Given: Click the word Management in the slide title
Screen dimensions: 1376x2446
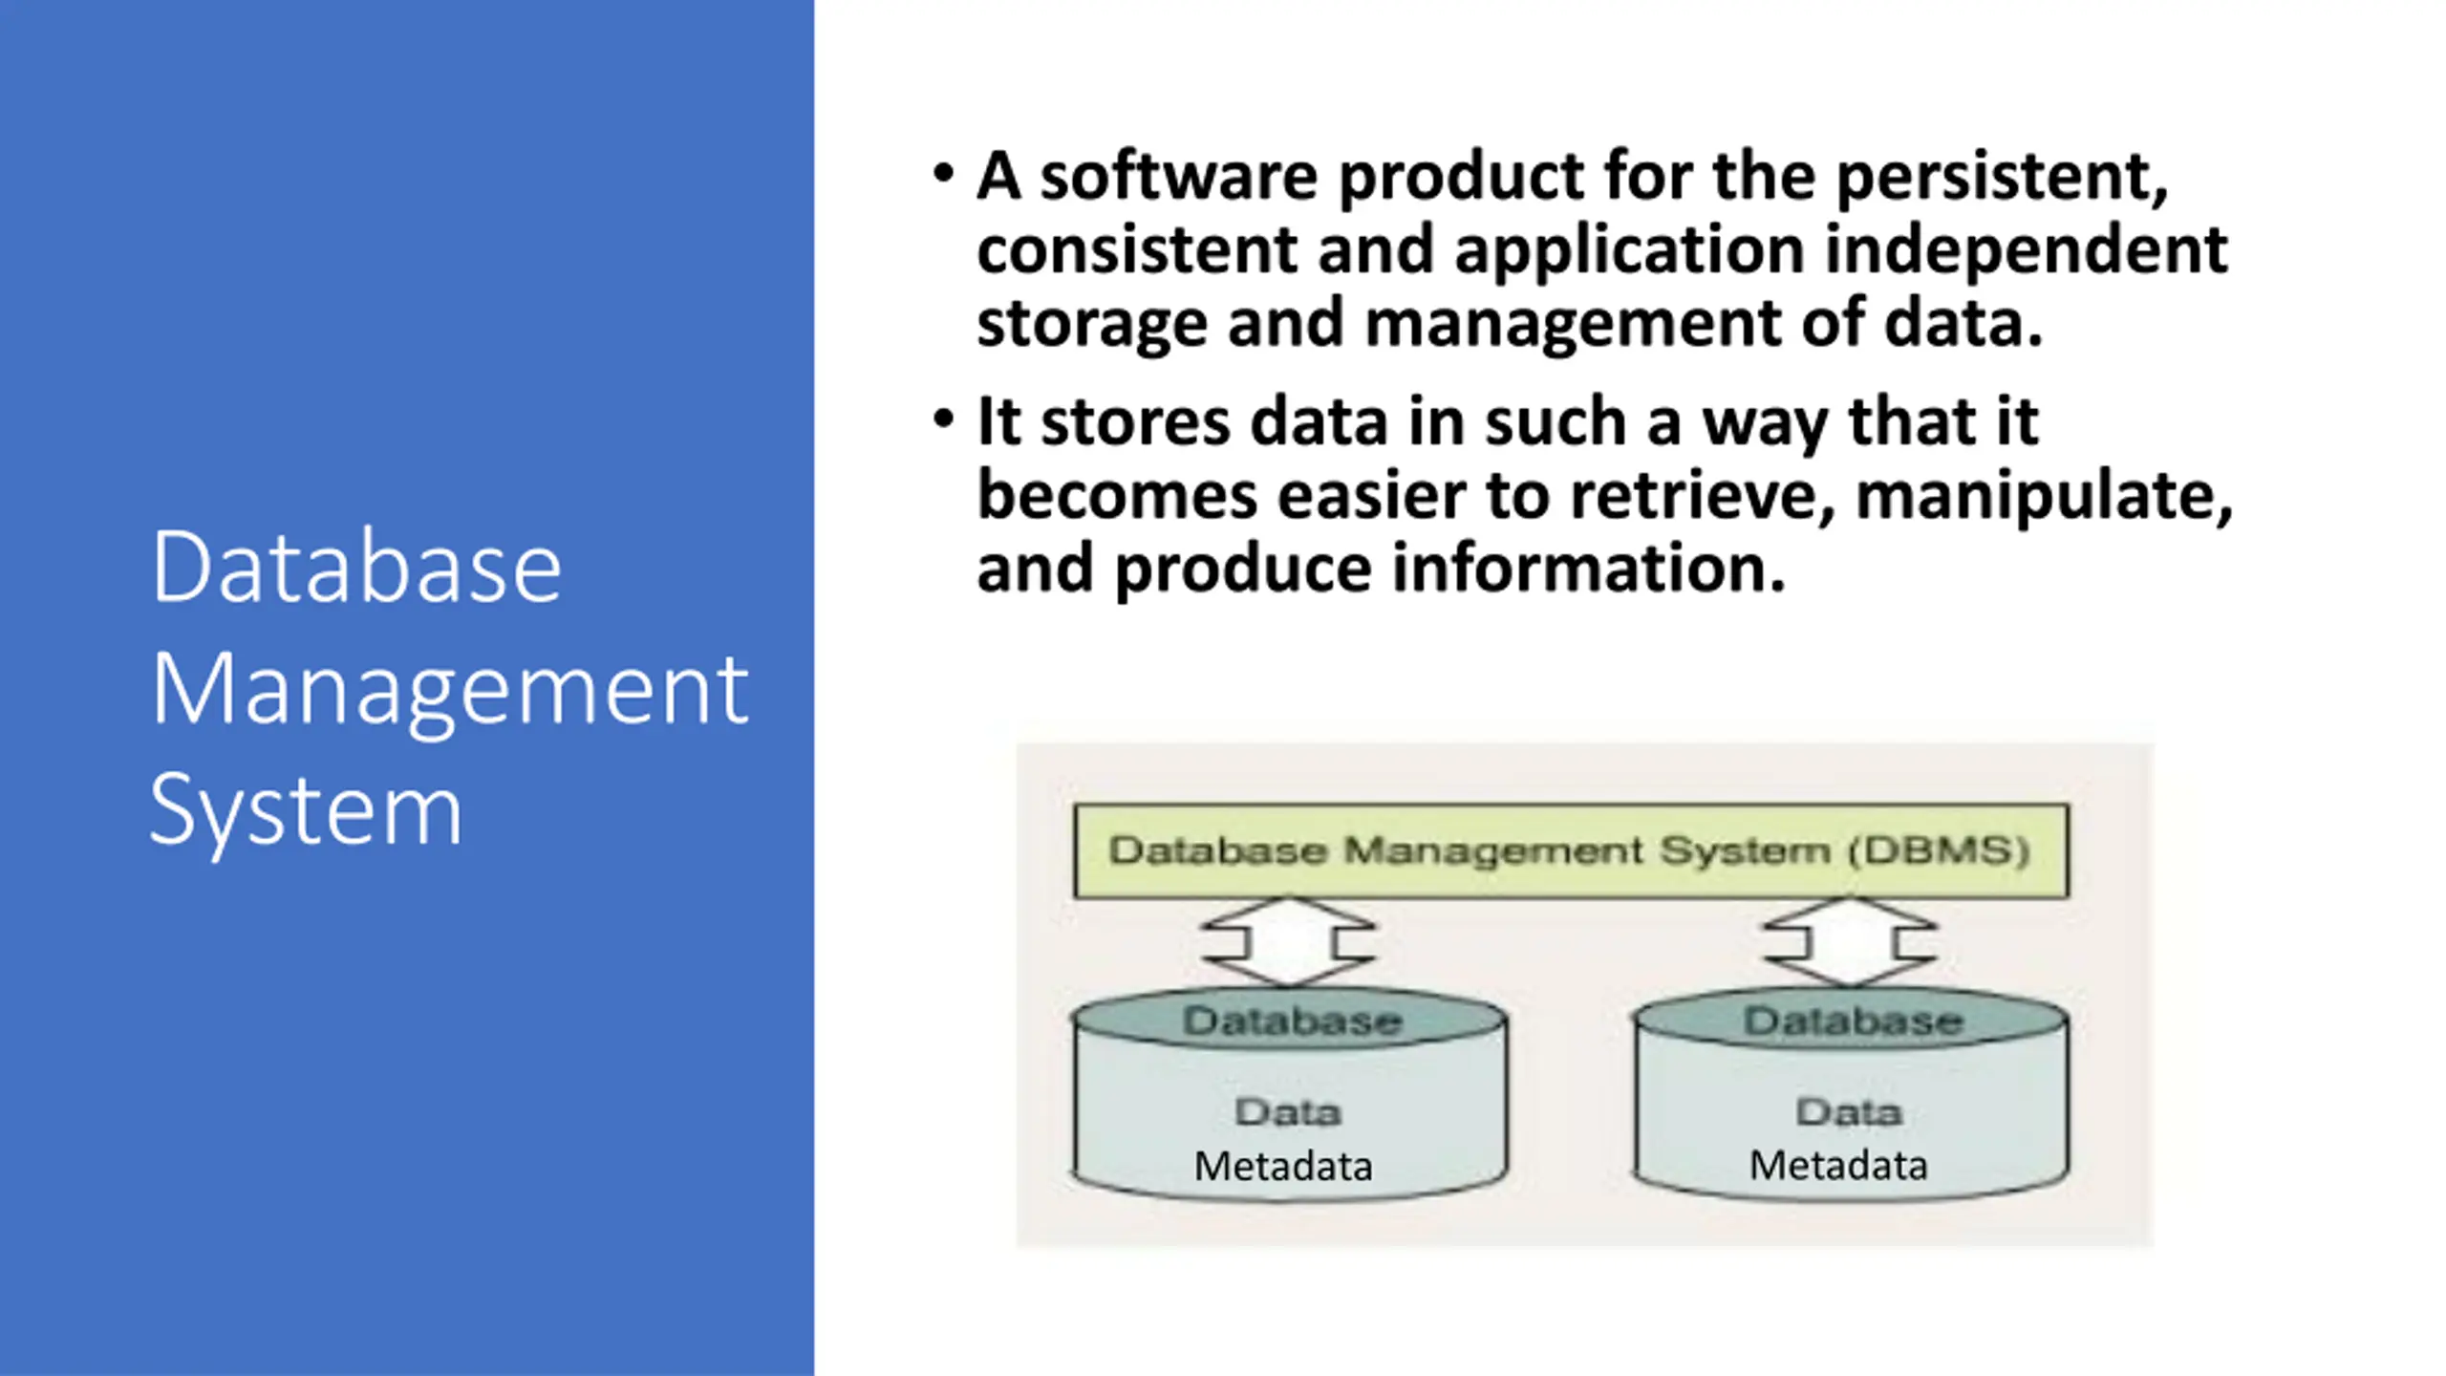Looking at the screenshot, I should coord(449,690).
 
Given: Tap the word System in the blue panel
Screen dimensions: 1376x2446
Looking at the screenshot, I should coord(306,810).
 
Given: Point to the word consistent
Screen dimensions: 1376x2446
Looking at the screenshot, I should coord(1136,250).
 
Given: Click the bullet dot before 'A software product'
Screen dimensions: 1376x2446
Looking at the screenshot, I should coord(944,174).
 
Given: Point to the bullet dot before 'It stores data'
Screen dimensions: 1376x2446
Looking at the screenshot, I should coord(944,419).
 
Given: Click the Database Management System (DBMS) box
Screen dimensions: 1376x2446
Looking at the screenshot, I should coord(1571,850).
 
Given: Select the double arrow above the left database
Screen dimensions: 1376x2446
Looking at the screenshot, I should coord(1288,942).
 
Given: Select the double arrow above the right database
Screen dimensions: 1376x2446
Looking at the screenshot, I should coord(1850,942).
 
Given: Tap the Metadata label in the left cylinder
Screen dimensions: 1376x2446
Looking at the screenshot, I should coord(1283,1167).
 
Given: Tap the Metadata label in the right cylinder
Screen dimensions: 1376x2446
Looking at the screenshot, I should coord(1838,1166).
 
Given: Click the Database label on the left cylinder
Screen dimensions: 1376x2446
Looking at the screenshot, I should coord(1292,1021).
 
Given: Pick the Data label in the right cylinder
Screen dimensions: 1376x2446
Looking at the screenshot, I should coord(1850,1112).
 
